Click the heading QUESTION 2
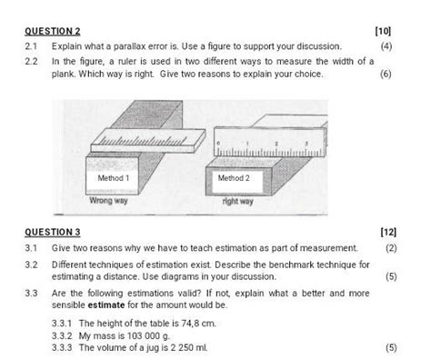[x=53, y=31]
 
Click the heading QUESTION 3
[x=53, y=232]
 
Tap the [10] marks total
[x=382, y=31]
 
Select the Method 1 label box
[x=114, y=178]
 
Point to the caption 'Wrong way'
[x=109, y=201]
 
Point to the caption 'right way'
[x=237, y=201]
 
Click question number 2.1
[x=32, y=45]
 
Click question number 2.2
[x=32, y=61]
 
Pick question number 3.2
[x=32, y=265]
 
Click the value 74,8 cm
[x=192, y=323]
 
